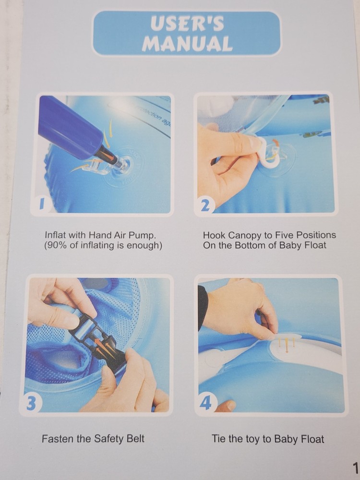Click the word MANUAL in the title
[x=187, y=44]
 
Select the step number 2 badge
[x=205, y=206]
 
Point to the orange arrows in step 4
[x=287, y=344]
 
